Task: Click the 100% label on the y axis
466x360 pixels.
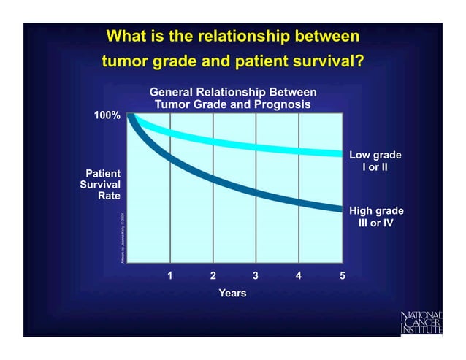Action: click(107, 116)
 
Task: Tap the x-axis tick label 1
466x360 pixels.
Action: click(170, 276)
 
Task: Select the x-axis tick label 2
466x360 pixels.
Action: click(213, 276)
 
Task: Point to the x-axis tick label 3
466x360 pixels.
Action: click(256, 276)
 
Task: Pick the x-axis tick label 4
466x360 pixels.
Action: click(299, 276)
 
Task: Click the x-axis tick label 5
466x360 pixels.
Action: click(342, 276)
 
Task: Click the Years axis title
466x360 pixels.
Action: click(233, 293)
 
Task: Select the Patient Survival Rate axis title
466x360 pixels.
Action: click(100, 185)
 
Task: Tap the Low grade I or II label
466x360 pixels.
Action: click(375, 161)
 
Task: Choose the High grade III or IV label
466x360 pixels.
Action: click(375, 217)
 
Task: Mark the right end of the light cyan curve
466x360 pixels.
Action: click(340, 153)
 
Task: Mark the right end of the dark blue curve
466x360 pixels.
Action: click(340, 209)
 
